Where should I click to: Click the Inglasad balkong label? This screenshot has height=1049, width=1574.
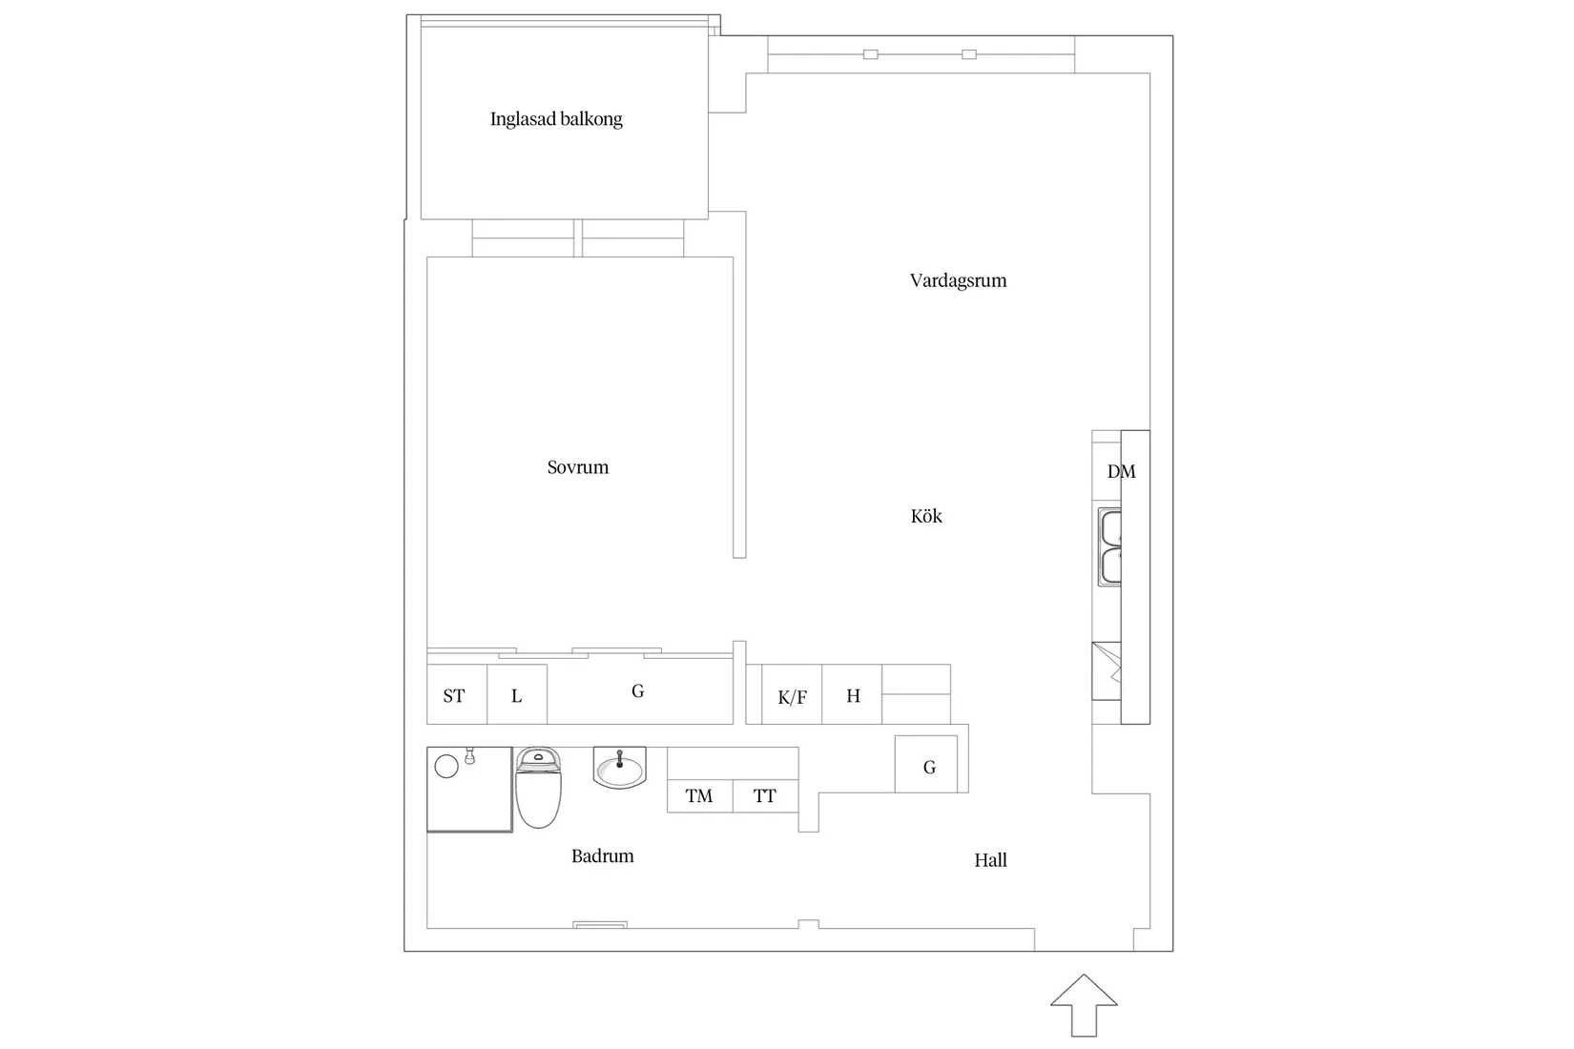point(556,119)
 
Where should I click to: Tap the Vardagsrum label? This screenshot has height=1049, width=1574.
point(958,280)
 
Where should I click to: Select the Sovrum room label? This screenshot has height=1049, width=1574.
point(577,467)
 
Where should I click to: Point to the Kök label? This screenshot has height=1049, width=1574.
point(926,516)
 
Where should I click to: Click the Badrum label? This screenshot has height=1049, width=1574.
point(602,856)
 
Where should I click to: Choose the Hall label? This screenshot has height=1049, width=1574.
point(990,860)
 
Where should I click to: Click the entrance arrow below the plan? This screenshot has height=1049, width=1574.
point(1084,1005)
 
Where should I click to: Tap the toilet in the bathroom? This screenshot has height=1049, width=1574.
point(538,788)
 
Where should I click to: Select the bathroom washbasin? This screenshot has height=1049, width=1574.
point(619,767)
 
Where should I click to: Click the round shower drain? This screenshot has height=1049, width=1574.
point(446,766)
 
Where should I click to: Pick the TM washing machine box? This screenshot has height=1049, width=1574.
point(699,795)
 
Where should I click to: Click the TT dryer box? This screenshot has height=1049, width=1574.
point(765,795)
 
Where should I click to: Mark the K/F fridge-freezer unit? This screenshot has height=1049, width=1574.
point(792,694)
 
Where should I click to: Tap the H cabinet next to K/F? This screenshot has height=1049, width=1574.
point(852,694)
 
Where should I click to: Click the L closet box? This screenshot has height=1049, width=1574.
point(517,694)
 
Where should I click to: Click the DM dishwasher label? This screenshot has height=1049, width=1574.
point(1122,471)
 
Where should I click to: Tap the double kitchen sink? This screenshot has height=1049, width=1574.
point(1109,546)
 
